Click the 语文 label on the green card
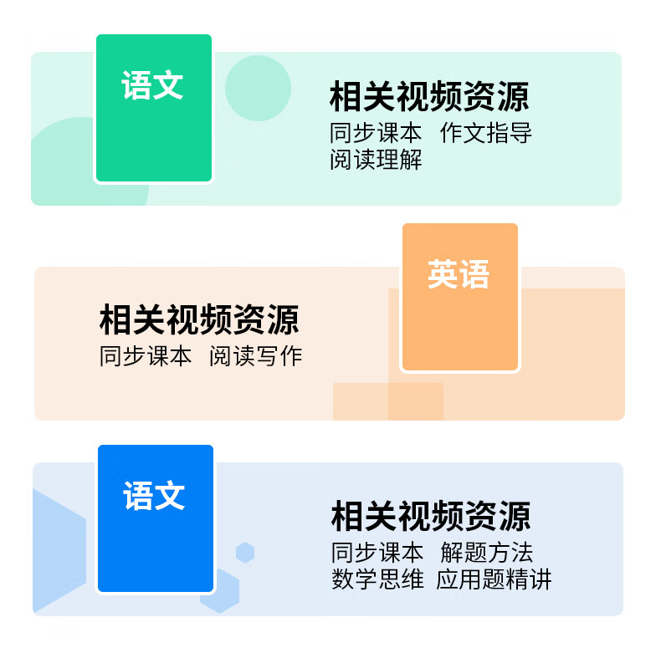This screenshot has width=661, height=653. [152, 85]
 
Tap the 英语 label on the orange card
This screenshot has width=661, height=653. [459, 273]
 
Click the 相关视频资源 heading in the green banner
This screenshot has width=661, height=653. [429, 97]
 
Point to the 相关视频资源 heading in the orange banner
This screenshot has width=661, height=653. [199, 319]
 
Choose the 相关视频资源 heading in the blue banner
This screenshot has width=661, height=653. [431, 516]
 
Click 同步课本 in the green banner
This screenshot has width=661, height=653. [376, 133]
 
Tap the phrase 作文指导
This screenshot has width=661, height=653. [486, 133]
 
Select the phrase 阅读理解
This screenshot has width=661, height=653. [376, 159]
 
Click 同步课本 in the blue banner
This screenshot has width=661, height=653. [377, 553]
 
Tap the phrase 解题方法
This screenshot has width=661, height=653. [487, 553]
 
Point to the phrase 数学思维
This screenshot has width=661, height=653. [377, 579]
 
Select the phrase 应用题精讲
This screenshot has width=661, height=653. [494, 579]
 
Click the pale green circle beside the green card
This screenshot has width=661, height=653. [259, 88]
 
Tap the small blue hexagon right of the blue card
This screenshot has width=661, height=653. [244, 553]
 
